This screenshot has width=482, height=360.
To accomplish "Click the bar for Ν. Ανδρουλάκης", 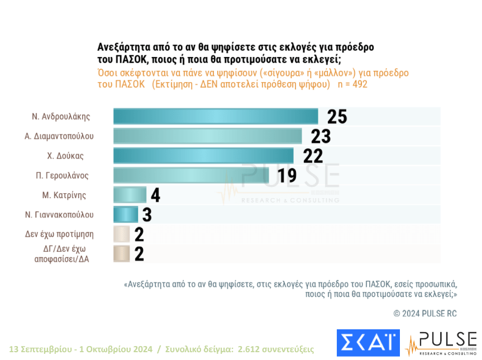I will [x=216, y=117].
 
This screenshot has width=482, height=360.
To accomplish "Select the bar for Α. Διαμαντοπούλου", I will [x=207, y=136].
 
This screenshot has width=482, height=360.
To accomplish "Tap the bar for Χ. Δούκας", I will [x=203, y=156].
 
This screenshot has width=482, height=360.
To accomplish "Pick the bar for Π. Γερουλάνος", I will [x=191, y=175].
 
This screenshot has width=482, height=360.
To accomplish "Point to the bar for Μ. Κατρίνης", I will [x=130, y=195].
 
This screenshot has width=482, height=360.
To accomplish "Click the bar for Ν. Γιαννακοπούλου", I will [x=126, y=214].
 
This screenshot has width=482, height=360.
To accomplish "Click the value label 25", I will [x=337, y=117].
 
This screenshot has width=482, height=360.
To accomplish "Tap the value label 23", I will [x=321, y=136].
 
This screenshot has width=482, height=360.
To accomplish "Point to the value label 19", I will [x=287, y=175].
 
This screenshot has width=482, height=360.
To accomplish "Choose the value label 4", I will [x=155, y=195].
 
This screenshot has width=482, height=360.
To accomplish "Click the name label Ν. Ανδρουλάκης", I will [x=61, y=117].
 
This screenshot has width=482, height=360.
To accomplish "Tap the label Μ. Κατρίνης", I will [x=65, y=195].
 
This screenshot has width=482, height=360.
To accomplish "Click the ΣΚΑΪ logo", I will [x=368, y=343].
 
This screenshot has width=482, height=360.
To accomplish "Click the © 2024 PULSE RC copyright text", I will [x=425, y=314].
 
